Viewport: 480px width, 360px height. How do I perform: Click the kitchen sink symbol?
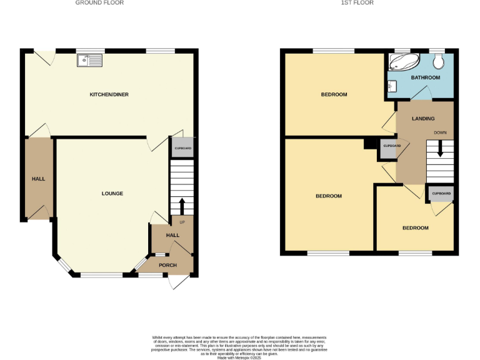pyautogui.click(x=89, y=60)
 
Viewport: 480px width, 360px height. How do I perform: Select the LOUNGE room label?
pyautogui.click(x=112, y=193)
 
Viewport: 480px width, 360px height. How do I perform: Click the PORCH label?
pyautogui.click(x=167, y=265)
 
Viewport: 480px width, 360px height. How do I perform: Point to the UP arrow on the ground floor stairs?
pyautogui.click(x=182, y=207)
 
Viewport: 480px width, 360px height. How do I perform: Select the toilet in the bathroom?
pyautogui.click(x=439, y=61)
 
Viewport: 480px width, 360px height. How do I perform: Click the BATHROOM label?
pyautogui.click(x=425, y=77)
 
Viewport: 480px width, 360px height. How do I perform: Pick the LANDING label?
pyautogui.click(x=423, y=119)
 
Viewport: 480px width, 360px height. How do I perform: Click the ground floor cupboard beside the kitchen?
pyautogui.click(x=182, y=148)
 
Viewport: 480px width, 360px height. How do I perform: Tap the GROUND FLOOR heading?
pyautogui.click(x=99, y=3)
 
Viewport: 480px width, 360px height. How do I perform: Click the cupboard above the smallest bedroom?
pyautogui.click(x=441, y=194)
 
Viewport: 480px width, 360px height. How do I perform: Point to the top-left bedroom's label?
pyautogui.click(x=334, y=94)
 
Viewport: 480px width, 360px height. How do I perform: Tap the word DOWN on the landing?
pyautogui.click(x=440, y=132)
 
